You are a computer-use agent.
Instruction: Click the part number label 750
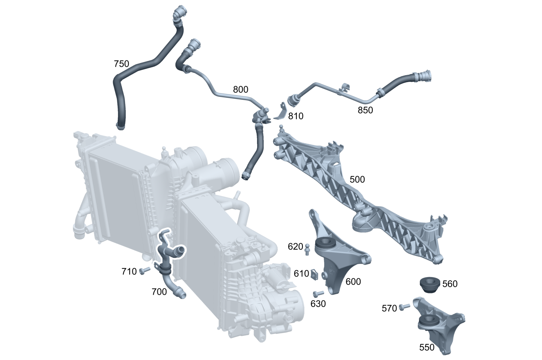121,64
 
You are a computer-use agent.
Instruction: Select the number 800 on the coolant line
240,89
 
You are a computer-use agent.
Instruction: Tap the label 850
365,110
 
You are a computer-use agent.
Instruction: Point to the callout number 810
296,116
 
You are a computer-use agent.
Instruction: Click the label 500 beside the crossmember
357,179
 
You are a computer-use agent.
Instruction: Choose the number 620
295,246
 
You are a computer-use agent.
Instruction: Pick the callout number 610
301,274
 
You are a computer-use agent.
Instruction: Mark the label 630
318,304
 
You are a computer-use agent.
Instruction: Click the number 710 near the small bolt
129,271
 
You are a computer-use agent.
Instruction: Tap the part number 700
159,292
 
